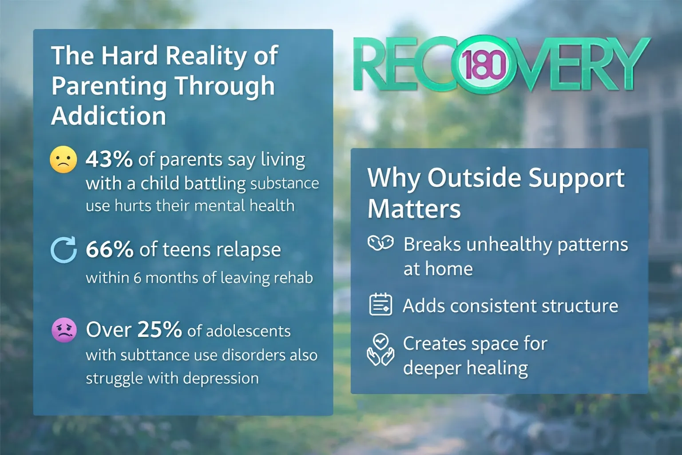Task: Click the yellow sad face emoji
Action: [63, 160]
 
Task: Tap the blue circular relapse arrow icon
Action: [63, 250]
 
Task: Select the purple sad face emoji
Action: [64, 330]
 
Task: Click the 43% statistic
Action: [109, 159]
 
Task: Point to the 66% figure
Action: [110, 249]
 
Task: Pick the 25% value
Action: [159, 329]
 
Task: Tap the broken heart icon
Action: [380, 243]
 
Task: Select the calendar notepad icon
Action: [380, 304]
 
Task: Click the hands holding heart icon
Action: [380, 350]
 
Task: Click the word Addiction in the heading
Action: [109, 116]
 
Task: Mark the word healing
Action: [497, 368]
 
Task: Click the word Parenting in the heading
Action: [109, 87]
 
